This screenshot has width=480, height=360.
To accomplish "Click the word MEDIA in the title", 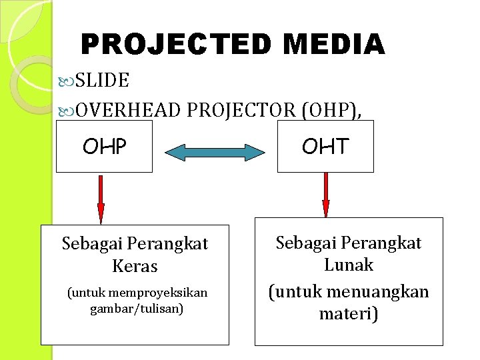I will tap(334, 45).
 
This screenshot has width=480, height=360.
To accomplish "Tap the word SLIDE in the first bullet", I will tap(102, 81).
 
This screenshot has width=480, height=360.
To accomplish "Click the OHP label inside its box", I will tap(104, 146).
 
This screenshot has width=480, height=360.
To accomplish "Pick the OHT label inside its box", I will tap(325, 146).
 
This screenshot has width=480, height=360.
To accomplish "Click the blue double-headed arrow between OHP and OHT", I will tap(215, 152).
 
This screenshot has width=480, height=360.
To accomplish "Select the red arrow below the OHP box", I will tap(101, 199).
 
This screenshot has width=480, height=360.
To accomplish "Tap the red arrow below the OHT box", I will tap(326, 195).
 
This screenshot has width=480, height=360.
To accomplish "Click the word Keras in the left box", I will tap(135, 267).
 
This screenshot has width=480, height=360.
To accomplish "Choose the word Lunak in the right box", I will tap(349, 265).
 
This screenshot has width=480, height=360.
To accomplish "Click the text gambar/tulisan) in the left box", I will tap(136, 309).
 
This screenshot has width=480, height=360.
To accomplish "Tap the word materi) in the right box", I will tap(349, 313).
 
